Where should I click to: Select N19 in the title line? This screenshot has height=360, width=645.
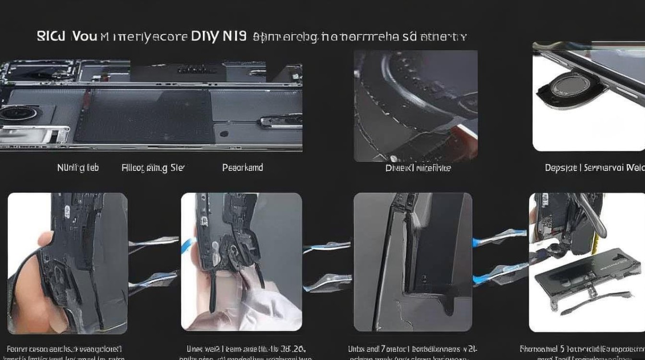pyautogui.click(x=234, y=36)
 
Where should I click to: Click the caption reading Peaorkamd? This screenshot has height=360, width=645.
pyautogui.click(x=242, y=168)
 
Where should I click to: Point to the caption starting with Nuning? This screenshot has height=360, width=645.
pyautogui.click(x=78, y=168)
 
